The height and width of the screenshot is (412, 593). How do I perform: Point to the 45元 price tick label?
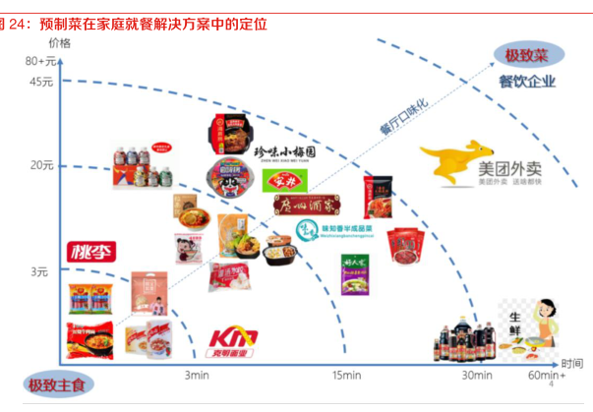[41, 82]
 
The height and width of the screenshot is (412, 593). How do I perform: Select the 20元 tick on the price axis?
[41, 164]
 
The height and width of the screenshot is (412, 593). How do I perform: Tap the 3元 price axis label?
[39, 270]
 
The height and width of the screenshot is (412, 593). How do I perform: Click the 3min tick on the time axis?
[196, 375]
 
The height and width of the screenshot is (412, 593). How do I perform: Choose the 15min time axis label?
[346, 375]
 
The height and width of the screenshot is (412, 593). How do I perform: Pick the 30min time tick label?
[477, 375]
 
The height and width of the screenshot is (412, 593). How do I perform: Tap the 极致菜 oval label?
[525, 56]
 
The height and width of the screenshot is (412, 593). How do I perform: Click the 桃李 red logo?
[89, 252]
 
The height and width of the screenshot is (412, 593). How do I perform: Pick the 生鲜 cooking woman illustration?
[531, 334]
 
